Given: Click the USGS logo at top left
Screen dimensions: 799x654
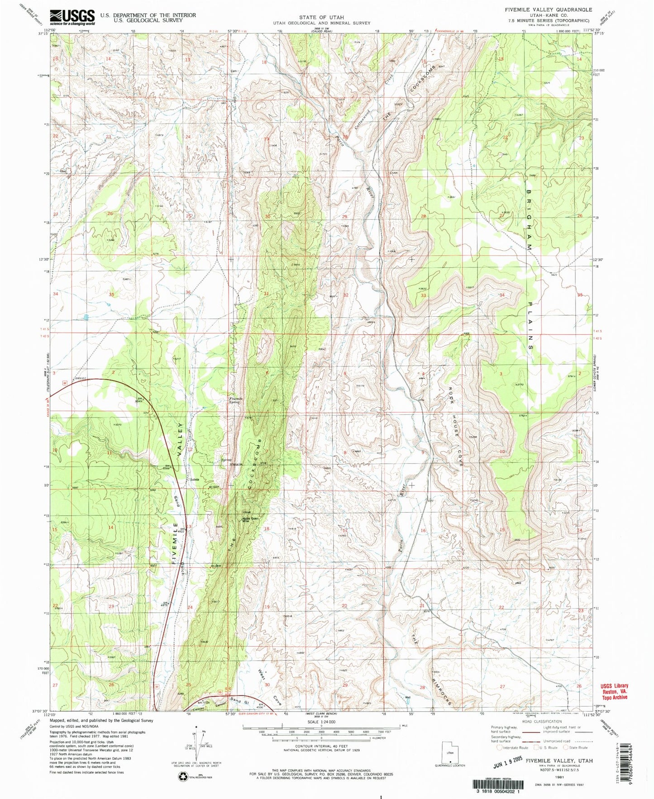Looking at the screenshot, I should coord(72,17).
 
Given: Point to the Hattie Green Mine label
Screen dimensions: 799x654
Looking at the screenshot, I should coord(251,520).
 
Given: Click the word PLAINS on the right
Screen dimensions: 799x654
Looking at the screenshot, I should coord(530,323).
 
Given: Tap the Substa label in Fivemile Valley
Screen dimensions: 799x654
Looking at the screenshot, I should coord(195,480).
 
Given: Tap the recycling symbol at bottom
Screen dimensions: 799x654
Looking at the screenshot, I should coord(182,777).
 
